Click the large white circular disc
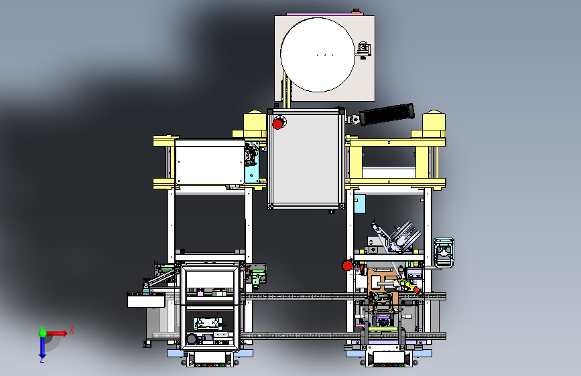click(x=318, y=55)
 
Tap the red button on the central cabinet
click(x=277, y=124)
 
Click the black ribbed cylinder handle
click(x=387, y=114)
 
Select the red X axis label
click(x=72, y=330)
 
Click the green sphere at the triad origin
click(x=43, y=333)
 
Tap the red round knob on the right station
click(x=347, y=266)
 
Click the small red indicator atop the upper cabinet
click(x=356, y=10)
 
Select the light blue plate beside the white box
click(x=252, y=162)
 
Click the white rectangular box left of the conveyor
click(x=146, y=300)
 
